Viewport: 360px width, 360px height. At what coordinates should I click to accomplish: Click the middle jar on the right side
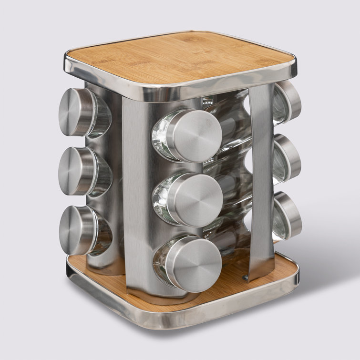point(288,158)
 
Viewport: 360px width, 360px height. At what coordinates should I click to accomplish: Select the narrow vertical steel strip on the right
point(260,181)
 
